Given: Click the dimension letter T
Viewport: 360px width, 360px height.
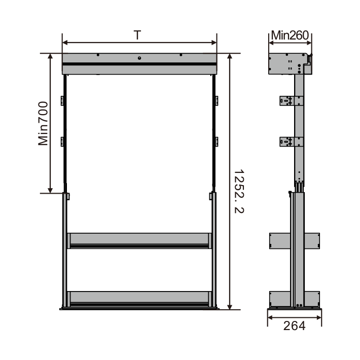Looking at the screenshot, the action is pos(137,35).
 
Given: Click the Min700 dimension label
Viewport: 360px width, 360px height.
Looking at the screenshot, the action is pos(43,123).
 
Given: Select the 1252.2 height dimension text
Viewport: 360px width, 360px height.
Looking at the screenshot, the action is pos(239,192).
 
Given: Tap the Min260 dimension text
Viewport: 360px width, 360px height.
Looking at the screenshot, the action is pos(290,35).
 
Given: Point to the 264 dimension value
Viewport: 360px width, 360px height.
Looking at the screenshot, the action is pos(294,326).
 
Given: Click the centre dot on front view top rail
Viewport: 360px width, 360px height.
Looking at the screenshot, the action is pos(139,58).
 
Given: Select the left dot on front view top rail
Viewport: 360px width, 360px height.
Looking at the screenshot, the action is pos(98,55).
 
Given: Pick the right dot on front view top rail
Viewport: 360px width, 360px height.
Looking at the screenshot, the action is pos(181,55).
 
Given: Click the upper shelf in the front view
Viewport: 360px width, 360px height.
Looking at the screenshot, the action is pos(139,241).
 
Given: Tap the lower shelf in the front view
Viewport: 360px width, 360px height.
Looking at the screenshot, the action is pos(139,299).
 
